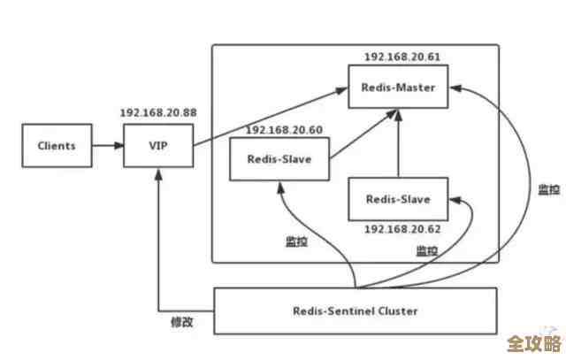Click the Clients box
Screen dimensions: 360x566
(x=57, y=145)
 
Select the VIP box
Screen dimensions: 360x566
(x=158, y=145)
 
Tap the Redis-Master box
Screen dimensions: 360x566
(x=398, y=88)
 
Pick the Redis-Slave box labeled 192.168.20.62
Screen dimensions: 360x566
(x=398, y=200)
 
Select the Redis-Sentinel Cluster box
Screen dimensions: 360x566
(x=356, y=310)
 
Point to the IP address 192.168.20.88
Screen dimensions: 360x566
(x=157, y=114)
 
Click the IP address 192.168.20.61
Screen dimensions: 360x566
(x=402, y=57)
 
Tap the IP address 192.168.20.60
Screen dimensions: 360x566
(x=284, y=130)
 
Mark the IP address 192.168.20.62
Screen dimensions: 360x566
(x=402, y=229)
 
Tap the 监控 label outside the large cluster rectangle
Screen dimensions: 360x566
(x=548, y=189)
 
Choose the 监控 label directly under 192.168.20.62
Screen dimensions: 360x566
(x=427, y=250)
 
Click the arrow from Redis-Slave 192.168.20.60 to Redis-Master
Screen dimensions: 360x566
(x=363, y=135)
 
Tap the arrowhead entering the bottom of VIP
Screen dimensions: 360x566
(x=158, y=173)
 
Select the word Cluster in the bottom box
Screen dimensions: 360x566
(x=399, y=310)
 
